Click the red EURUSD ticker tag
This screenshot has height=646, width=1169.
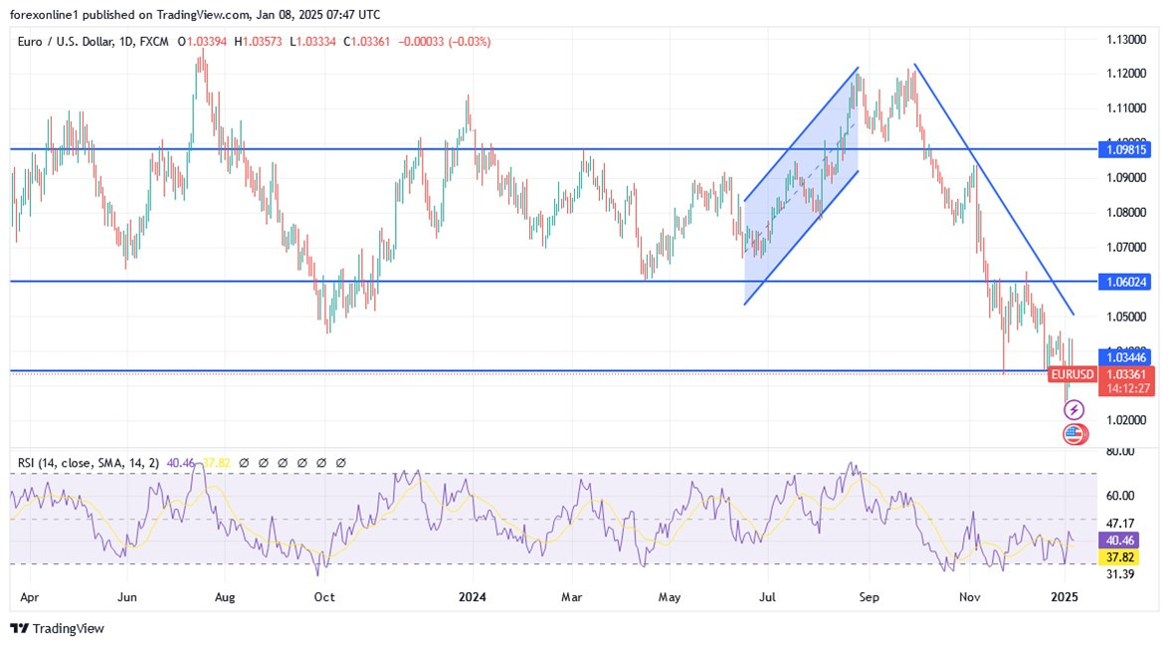click(x=1073, y=374)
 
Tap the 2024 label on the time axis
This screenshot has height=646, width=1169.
click(x=472, y=597)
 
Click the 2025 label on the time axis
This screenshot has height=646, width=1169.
click(x=1066, y=597)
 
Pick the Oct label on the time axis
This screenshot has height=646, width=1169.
click(x=324, y=597)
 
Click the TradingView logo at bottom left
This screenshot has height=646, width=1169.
click(x=57, y=629)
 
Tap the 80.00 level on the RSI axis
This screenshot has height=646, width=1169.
click(x=1119, y=452)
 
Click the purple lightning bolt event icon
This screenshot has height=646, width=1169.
click(x=1073, y=410)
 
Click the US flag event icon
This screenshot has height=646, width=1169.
click(x=1073, y=433)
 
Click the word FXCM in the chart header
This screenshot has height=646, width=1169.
click(x=153, y=42)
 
